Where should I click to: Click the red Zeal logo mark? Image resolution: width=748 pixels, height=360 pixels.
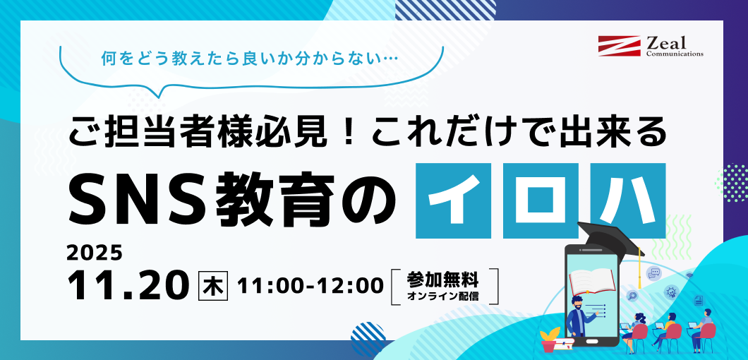[x=619, y=46]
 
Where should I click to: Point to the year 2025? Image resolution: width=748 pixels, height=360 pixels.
[x=95, y=253]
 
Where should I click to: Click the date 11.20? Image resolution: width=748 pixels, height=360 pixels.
[x=128, y=284]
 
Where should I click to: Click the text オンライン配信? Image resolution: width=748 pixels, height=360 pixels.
[x=442, y=296]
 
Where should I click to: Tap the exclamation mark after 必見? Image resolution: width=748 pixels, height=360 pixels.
[x=344, y=131]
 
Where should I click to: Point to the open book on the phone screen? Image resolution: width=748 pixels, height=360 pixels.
[x=593, y=282]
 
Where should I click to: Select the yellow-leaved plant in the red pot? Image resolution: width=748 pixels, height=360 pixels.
[x=549, y=338]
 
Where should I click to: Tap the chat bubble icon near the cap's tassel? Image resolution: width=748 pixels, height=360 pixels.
[x=654, y=273]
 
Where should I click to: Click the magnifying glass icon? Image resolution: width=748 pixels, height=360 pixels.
[x=632, y=296]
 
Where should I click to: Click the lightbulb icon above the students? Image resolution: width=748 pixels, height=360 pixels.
[x=671, y=291]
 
